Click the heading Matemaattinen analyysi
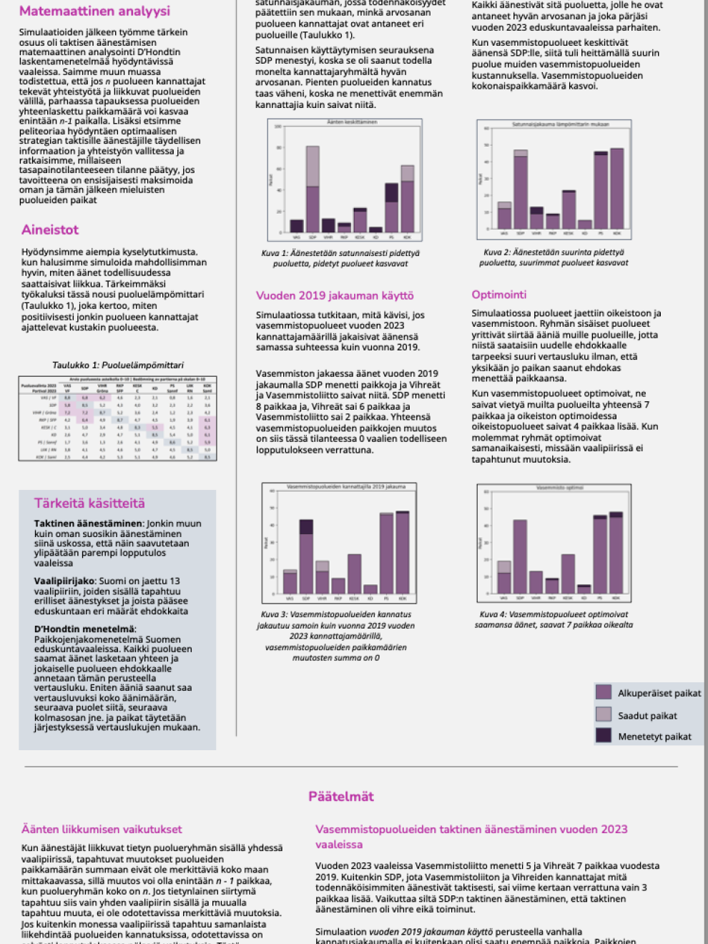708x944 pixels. [x=94, y=11]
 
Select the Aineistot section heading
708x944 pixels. [x=50, y=230]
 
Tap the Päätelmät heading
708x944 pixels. [x=341, y=797]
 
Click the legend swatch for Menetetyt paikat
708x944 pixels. [x=604, y=735]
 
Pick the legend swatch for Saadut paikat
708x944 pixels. [x=604, y=714]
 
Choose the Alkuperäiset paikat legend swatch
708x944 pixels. [x=604, y=692]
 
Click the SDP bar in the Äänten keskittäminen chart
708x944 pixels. [x=313, y=190]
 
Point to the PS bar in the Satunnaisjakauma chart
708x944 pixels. [x=601, y=191]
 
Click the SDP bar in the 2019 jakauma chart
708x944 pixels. [x=306, y=557]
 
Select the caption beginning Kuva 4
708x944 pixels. [x=554, y=619]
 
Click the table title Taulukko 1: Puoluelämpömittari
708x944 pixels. [x=118, y=365]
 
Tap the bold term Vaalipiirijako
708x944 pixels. [x=64, y=581]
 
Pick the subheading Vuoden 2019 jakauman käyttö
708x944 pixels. [x=335, y=295]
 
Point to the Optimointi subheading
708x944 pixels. [x=498, y=295]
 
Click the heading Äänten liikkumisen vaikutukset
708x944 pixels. [x=102, y=830]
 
